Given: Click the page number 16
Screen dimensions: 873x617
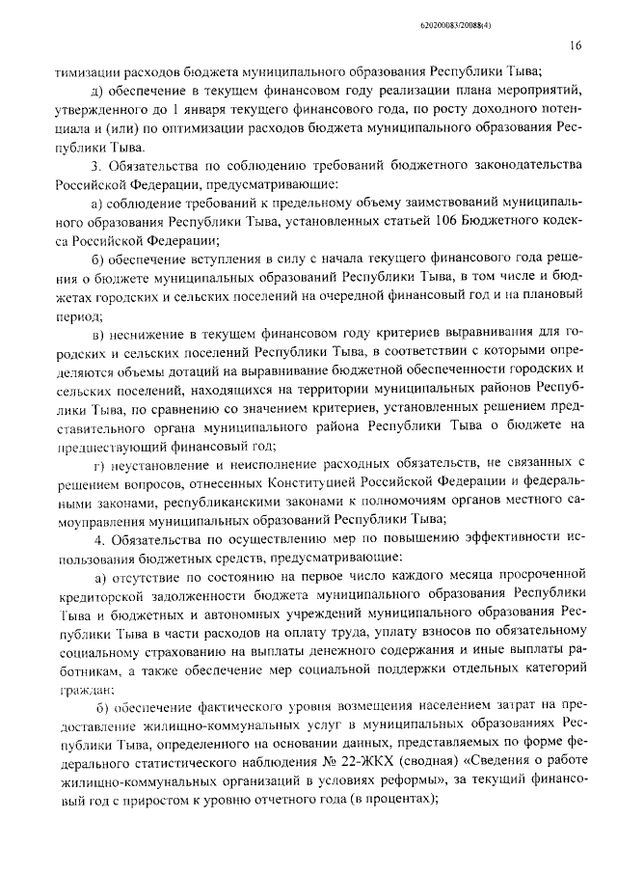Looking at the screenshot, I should point(576,44).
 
